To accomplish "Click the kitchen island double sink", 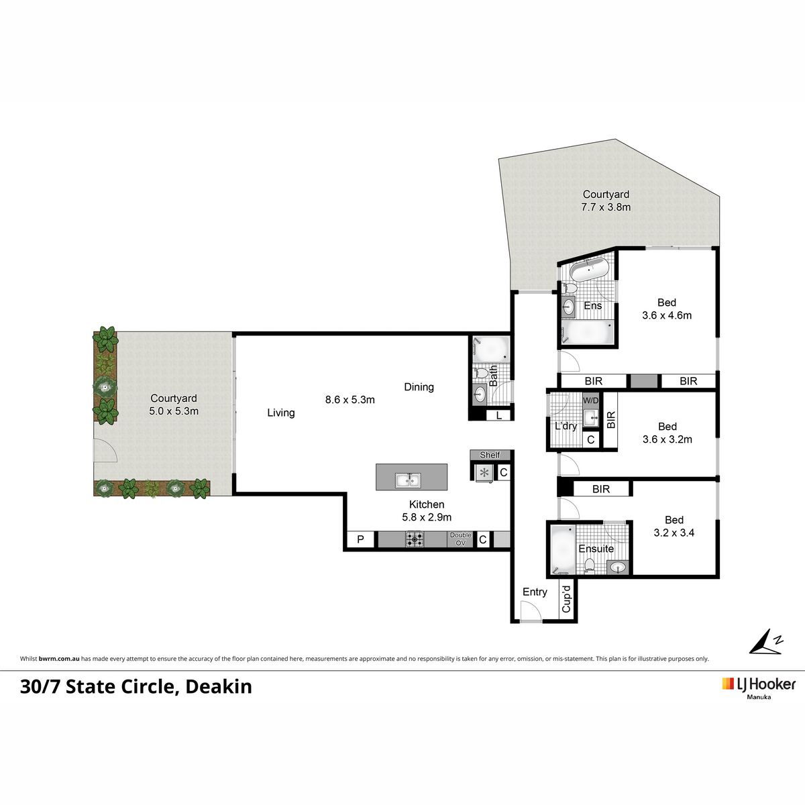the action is click(408, 480).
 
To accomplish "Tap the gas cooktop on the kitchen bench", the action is click(415, 539).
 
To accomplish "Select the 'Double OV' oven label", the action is click(460, 539).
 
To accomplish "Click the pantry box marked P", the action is click(360, 539).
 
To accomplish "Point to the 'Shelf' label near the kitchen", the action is click(490, 455).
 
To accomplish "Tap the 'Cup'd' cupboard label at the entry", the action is click(566, 599).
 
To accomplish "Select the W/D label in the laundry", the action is click(590, 400).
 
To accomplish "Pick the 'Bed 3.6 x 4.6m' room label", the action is click(667, 309).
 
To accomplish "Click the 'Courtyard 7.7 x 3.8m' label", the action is click(606, 201).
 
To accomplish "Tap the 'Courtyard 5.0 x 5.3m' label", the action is click(174, 405).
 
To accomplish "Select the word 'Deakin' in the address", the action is click(219, 687).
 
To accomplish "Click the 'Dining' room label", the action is click(419, 387).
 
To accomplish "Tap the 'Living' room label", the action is click(280, 413).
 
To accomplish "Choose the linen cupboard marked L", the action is click(499, 416).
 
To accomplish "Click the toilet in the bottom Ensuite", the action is click(590, 565).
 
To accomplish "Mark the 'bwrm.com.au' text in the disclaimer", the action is click(59, 659).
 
